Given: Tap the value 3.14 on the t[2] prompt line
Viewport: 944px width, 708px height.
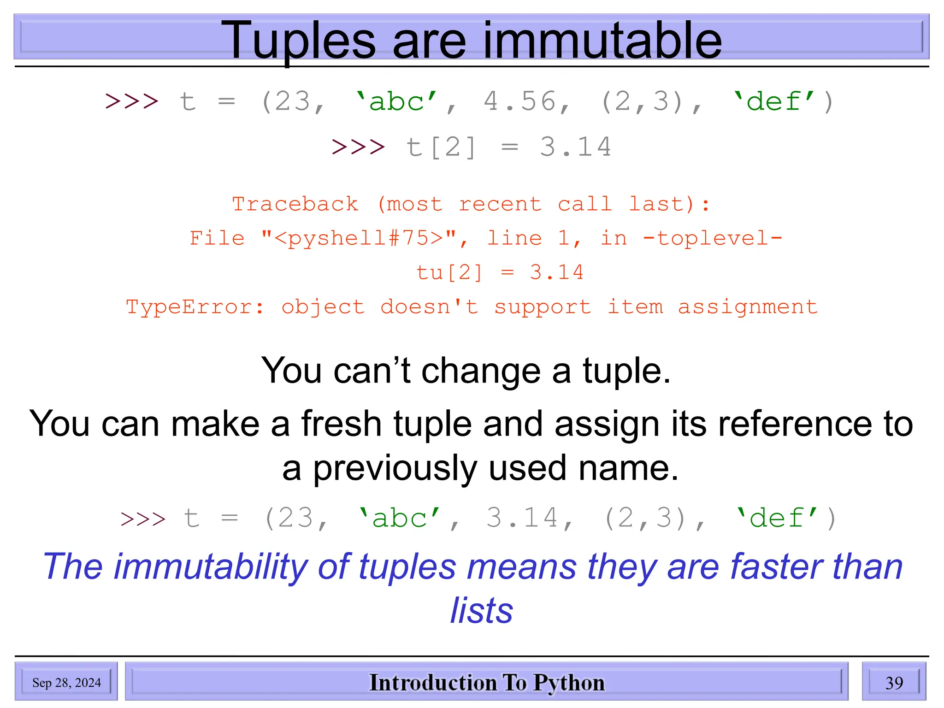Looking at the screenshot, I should [x=575, y=147].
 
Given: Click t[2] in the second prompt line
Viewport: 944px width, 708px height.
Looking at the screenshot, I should [x=441, y=147].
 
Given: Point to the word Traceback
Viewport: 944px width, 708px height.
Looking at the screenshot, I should [x=295, y=204].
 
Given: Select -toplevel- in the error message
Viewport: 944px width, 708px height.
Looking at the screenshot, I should [x=713, y=238].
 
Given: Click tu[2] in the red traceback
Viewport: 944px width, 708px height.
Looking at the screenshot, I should [x=449, y=272].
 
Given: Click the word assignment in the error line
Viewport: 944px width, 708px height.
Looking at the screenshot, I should [x=748, y=307].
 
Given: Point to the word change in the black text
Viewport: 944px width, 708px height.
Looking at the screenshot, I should [x=481, y=371].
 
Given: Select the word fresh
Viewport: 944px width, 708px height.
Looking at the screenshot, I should [x=342, y=424].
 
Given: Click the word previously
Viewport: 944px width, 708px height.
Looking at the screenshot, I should [x=395, y=468].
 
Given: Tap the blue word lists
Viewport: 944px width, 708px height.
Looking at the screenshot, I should [x=481, y=611].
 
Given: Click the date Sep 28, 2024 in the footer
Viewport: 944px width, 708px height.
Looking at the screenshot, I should [x=66, y=683].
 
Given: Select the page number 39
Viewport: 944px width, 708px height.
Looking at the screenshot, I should [x=894, y=683].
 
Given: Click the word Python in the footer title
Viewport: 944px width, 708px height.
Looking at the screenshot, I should [x=569, y=683].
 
